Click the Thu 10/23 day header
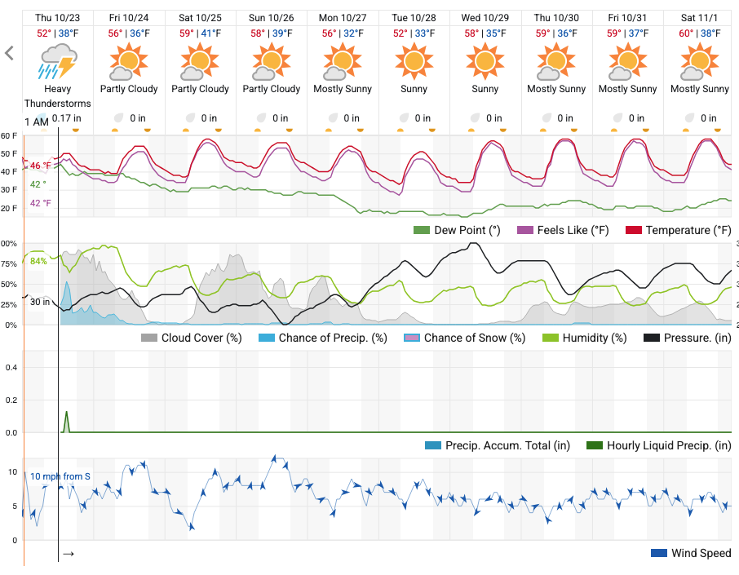(x=57, y=17)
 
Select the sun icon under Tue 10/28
(x=414, y=61)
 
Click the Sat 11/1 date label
(x=699, y=17)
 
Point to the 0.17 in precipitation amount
(x=66, y=118)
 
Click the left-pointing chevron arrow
(x=10, y=54)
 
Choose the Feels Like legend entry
(x=564, y=231)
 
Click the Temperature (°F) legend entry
(x=679, y=231)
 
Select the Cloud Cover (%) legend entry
(x=194, y=338)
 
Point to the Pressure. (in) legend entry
(x=688, y=338)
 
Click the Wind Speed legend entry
(x=691, y=554)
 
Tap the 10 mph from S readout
(x=60, y=476)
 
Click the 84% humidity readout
(x=38, y=261)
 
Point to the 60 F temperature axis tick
(x=9, y=135)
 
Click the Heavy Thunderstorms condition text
(x=58, y=96)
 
